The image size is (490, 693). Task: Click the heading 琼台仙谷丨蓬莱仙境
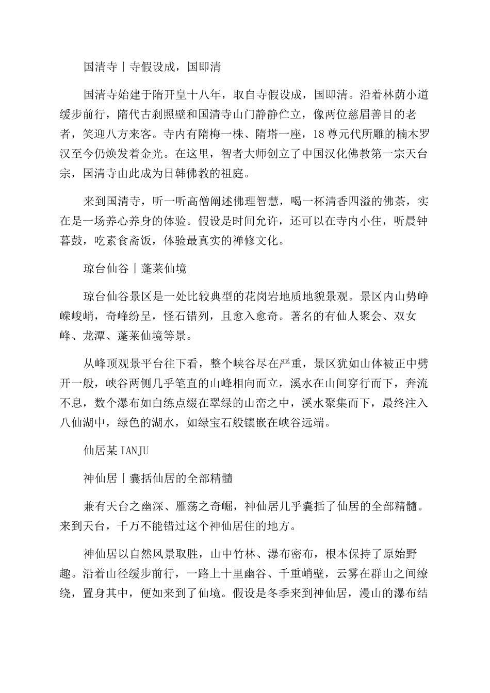point(135,269)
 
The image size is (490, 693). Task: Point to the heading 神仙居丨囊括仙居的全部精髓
point(158,478)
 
